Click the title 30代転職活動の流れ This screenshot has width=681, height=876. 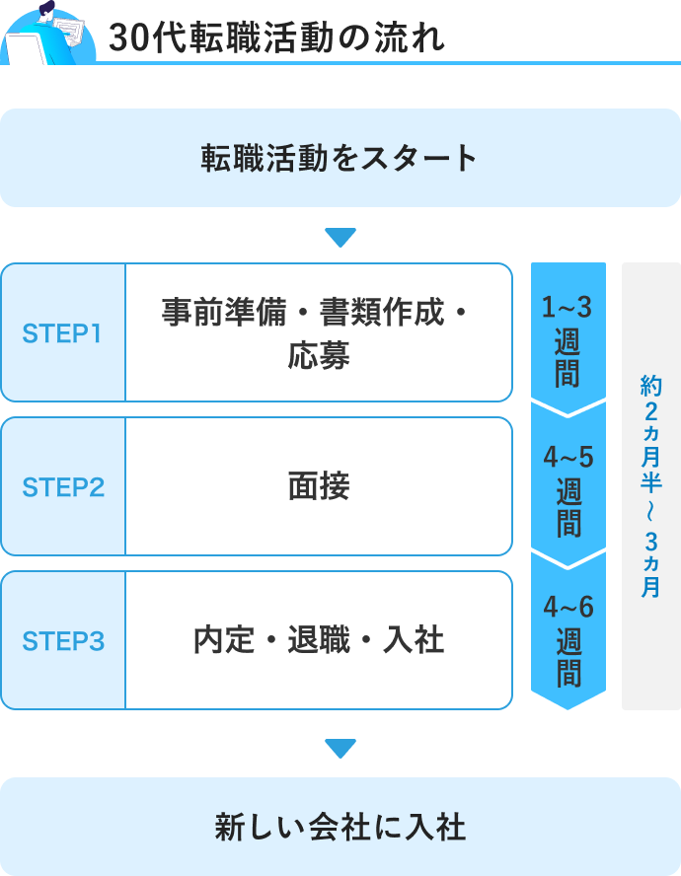pyautogui.click(x=276, y=37)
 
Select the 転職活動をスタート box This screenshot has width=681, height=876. pyautogui.click(x=340, y=158)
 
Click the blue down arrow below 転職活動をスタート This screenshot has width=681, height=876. pyautogui.click(x=340, y=238)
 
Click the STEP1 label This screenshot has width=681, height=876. pyautogui.click(x=63, y=333)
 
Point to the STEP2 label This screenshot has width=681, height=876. pyautogui.click(x=63, y=487)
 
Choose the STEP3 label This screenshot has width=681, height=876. pyautogui.click(x=63, y=641)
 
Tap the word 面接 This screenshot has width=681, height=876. pyautogui.click(x=319, y=487)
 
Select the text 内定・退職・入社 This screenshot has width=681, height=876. pyautogui.click(x=319, y=641)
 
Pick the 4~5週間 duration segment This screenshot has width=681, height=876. pyautogui.click(x=567, y=488)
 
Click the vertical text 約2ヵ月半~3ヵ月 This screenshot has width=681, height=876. pyautogui.click(x=651, y=486)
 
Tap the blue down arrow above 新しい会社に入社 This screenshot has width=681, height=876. pyautogui.click(x=340, y=749)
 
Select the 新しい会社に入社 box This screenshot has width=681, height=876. pyautogui.click(x=340, y=827)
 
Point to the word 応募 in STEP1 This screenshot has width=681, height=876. pyautogui.click(x=319, y=355)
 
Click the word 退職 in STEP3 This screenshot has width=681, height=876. pyautogui.click(x=319, y=641)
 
